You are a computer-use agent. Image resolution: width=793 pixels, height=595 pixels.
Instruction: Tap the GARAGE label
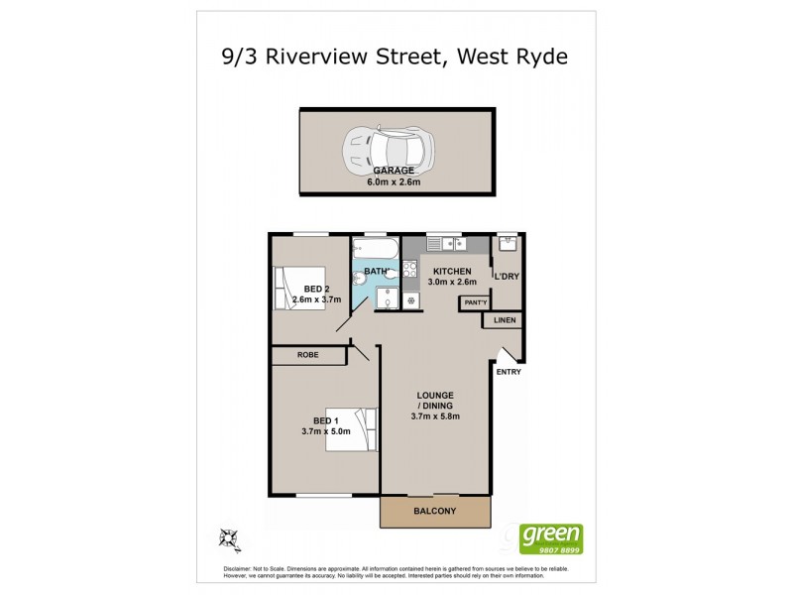395,171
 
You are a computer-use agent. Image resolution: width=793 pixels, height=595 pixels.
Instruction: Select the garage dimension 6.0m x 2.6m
395,181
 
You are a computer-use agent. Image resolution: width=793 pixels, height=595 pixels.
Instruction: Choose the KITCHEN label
452,272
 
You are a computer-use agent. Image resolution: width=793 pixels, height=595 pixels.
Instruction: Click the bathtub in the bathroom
375,248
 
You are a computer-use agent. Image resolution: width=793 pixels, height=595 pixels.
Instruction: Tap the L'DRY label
508,276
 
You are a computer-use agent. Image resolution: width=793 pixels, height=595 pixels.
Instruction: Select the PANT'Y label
474,301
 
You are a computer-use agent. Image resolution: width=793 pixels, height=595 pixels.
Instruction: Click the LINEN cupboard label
505,321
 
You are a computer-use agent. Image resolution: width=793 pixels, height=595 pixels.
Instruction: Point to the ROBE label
308,354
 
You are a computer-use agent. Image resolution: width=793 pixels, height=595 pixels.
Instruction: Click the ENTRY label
509,372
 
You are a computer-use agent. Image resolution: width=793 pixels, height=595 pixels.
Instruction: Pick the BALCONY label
434,511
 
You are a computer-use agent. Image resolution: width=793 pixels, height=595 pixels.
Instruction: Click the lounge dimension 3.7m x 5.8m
436,416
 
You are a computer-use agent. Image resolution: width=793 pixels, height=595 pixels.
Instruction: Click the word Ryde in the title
541,57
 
